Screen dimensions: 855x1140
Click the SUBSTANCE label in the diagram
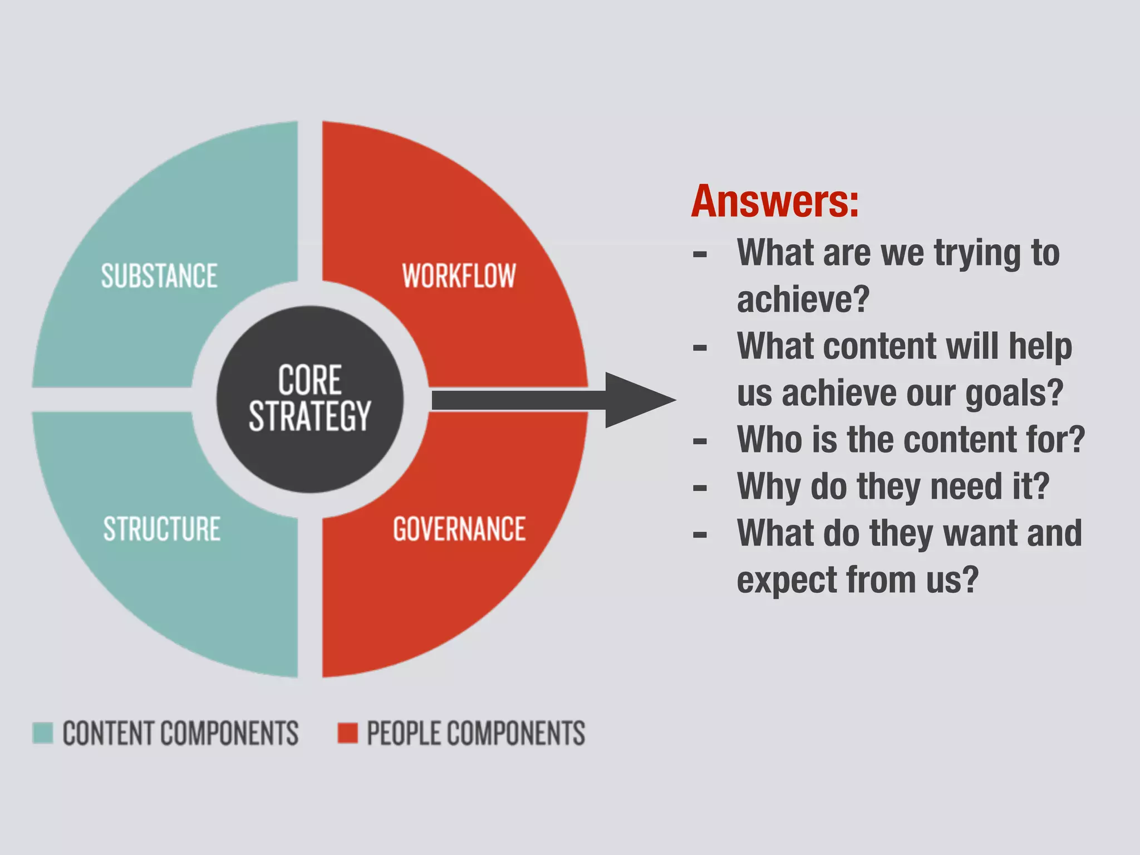(159, 276)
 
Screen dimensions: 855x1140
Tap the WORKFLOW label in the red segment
(459, 276)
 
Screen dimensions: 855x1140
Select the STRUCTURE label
(162, 529)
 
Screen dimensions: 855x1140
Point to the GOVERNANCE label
(459, 529)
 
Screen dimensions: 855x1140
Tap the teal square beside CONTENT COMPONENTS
(43, 733)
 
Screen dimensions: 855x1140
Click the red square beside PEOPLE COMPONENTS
(348, 733)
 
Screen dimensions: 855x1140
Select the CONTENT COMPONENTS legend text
(180, 733)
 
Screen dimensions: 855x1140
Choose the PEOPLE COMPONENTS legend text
(476, 733)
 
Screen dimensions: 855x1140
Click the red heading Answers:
(775, 202)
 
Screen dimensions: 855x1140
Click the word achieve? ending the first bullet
(803, 299)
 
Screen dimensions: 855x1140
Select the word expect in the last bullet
(787, 580)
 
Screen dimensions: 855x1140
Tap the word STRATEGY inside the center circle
(309, 416)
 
